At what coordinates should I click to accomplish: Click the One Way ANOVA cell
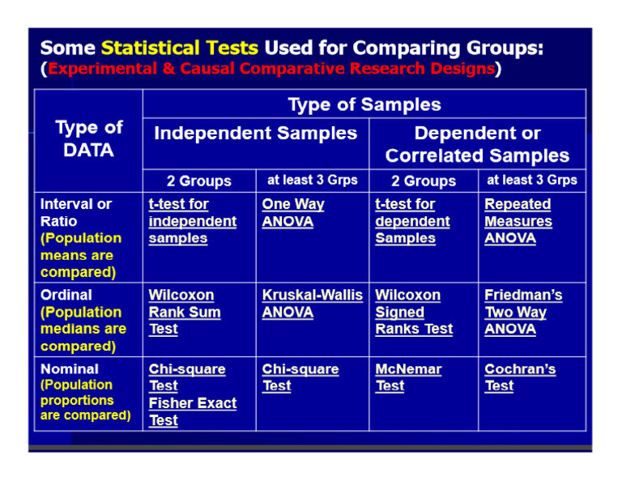(292, 213)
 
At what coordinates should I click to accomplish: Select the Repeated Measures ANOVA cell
(518, 221)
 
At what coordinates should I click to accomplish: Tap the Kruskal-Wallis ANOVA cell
(312, 304)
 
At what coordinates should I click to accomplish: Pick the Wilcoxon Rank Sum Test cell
(184, 312)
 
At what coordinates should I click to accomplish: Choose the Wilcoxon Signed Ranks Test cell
(414, 312)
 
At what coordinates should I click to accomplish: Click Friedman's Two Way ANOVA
(522, 312)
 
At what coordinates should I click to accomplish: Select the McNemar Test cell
(408, 377)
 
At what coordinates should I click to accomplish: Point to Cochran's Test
(520, 377)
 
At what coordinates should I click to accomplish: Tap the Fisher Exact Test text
(193, 411)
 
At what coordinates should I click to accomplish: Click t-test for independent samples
(193, 221)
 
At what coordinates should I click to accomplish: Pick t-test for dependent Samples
(412, 221)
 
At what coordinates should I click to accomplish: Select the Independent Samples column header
(255, 133)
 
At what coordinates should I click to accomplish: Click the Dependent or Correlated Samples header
(477, 144)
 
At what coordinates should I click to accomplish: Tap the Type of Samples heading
(364, 104)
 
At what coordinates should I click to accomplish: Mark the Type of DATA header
(89, 138)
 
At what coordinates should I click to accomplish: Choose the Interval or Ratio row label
(75, 212)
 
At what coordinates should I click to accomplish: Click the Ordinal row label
(66, 295)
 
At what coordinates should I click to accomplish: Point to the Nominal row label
(70, 368)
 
